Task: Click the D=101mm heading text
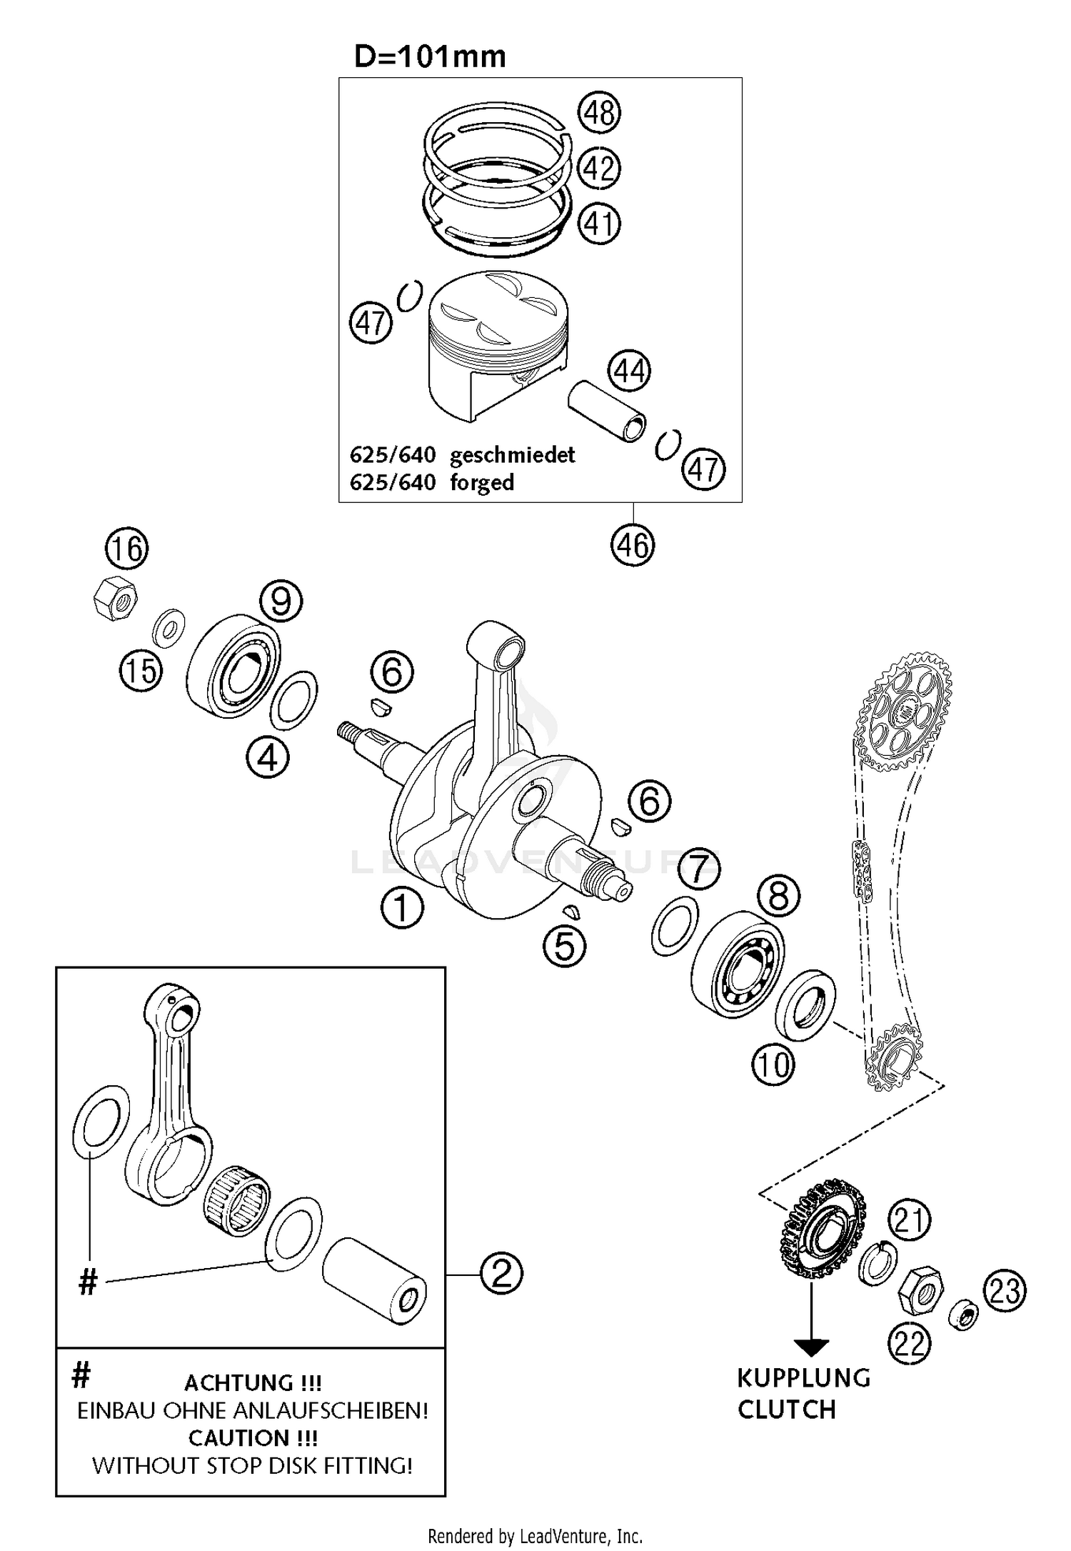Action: click(x=430, y=56)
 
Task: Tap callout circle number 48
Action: click(x=599, y=113)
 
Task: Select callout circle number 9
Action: click(x=281, y=602)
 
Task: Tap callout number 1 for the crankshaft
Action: click(x=402, y=908)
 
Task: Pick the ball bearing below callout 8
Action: click(x=737, y=964)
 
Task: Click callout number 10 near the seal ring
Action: click(x=773, y=1066)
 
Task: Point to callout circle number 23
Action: click(x=1005, y=1291)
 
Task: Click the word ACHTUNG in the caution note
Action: click(x=238, y=1382)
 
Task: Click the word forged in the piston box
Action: click(x=482, y=482)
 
